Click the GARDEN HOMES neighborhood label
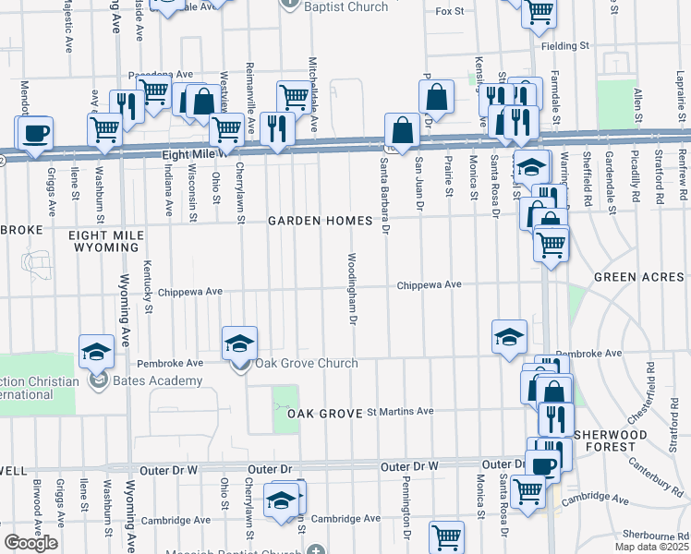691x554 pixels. (320, 222)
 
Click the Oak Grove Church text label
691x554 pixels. (307, 363)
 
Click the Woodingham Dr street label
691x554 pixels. (352, 289)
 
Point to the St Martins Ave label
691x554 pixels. (400, 412)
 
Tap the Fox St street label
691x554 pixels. (448, 11)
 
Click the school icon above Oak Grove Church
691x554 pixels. (239, 343)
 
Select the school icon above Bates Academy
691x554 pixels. (96, 351)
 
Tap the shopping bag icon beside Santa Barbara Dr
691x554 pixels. (402, 127)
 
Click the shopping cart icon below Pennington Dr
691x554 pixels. (446, 535)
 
